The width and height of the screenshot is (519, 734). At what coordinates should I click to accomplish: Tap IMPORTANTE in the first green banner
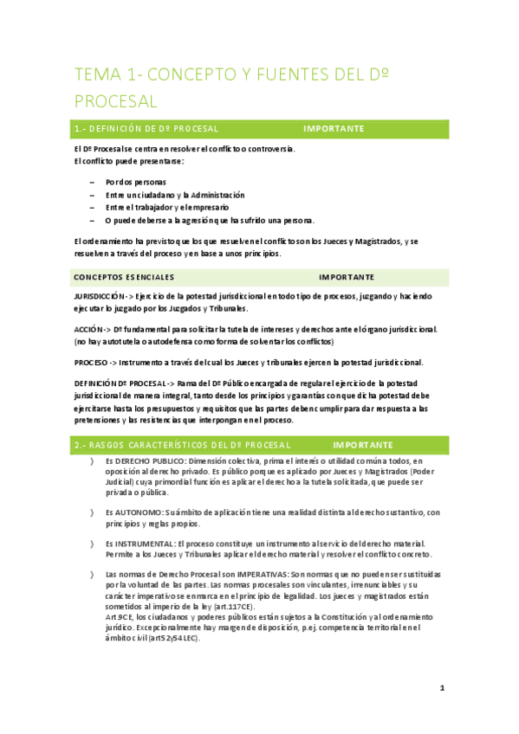[334, 128]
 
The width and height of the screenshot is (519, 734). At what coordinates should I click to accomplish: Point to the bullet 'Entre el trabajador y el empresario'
[167, 208]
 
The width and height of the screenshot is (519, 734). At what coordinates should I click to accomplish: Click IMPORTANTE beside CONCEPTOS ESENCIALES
[347, 278]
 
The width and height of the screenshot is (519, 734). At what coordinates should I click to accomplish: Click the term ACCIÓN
[89, 330]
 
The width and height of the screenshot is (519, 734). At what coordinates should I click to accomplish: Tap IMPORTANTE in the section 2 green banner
[363, 444]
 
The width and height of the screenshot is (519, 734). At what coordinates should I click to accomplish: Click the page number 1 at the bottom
[442, 688]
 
